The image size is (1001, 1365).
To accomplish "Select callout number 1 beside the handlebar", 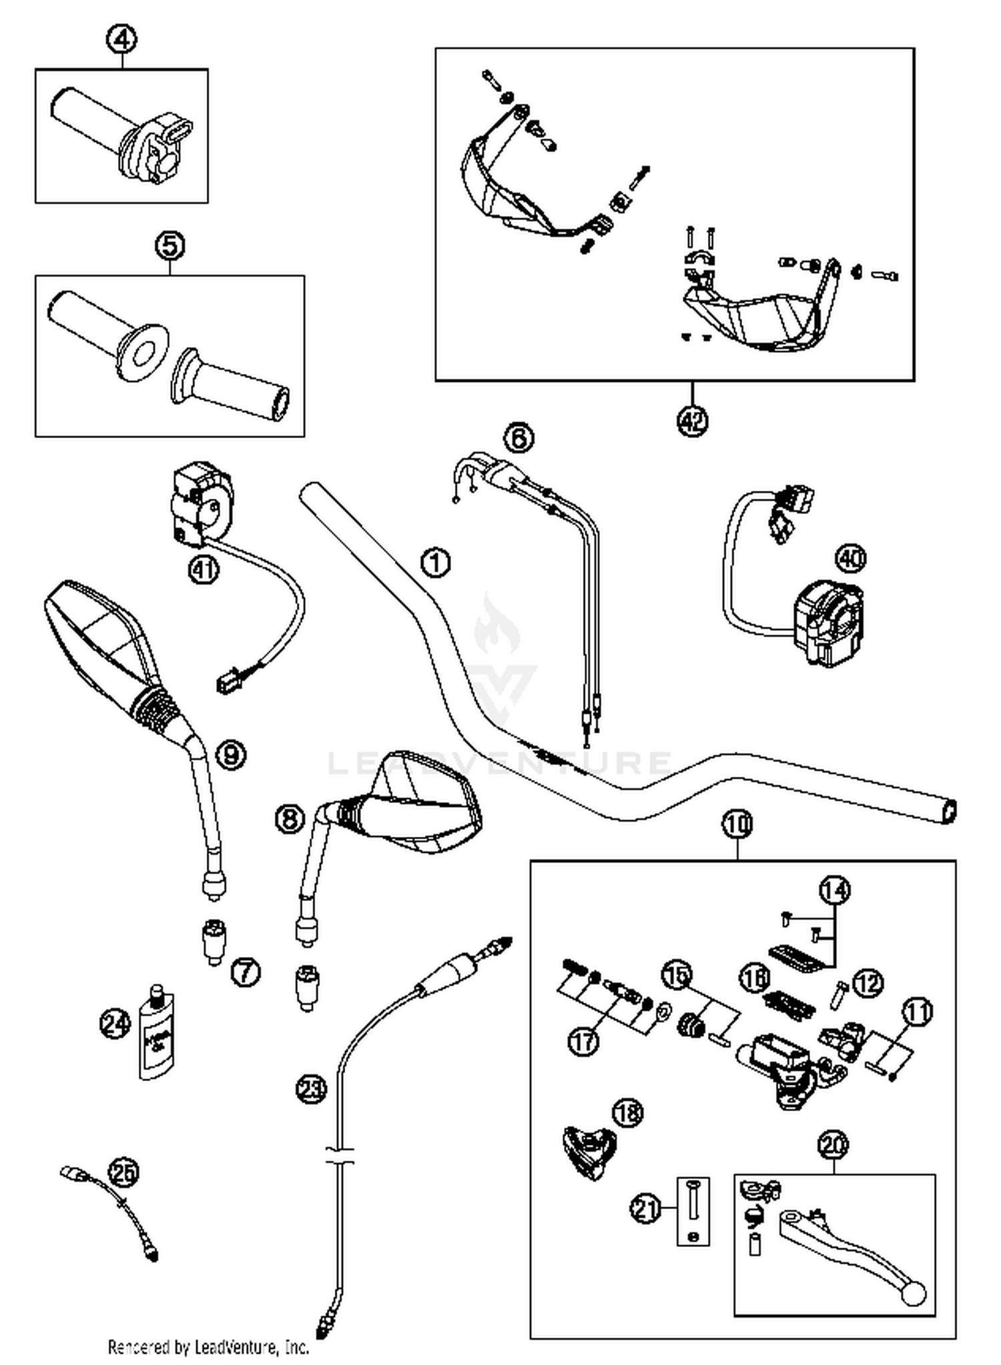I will point(435,563).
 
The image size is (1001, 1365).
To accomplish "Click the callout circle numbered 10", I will point(737,825).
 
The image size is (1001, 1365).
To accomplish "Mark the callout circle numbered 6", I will point(519,438).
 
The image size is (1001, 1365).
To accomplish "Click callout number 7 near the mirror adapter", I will point(246,973).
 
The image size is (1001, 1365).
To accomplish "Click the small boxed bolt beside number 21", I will point(693,1210).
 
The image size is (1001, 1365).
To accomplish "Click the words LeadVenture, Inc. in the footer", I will point(252,1348).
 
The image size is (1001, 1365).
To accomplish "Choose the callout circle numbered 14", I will point(835,890).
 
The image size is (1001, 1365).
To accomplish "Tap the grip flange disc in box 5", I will point(142,353).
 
